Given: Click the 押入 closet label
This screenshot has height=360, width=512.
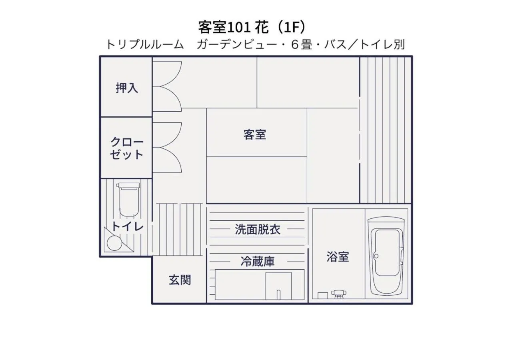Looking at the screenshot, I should click(x=127, y=88).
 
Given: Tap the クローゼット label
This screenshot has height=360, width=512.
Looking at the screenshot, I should click(x=127, y=148).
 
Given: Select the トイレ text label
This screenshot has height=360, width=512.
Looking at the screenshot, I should click(x=127, y=226).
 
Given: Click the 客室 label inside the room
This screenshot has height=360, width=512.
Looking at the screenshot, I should click(x=255, y=134).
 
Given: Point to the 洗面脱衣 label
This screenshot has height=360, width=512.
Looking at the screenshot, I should click(x=257, y=230).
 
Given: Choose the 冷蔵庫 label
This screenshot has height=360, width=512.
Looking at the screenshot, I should click(x=258, y=262).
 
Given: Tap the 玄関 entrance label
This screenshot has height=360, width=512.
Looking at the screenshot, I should click(x=180, y=280).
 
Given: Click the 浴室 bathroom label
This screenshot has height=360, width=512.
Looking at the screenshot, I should click(x=338, y=257).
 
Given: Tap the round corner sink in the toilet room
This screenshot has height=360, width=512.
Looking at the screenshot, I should click(x=114, y=243).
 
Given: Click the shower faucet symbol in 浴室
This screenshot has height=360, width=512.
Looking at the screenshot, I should click(x=338, y=294).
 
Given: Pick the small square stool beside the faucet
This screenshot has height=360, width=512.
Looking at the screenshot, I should click(x=323, y=295).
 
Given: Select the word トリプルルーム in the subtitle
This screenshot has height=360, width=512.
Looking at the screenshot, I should click(x=144, y=44).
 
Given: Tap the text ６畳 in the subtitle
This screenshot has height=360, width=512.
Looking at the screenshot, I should click(x=301, y=44).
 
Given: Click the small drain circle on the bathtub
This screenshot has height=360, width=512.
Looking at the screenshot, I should click(x=376, y=256).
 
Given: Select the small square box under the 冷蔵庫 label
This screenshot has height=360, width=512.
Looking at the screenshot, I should click(x=278, y=286).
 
